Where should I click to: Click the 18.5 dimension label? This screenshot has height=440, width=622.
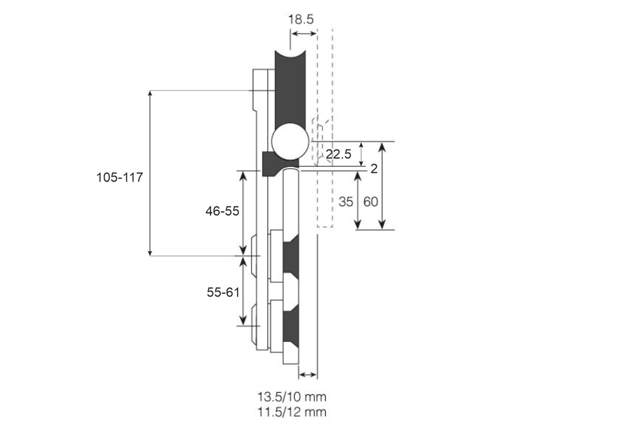tap(301, 19)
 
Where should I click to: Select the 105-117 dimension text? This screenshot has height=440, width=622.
tap(119, 177)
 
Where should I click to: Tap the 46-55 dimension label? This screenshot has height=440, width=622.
tap(222, 211)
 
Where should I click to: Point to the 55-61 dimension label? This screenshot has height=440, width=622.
tap(223, 292)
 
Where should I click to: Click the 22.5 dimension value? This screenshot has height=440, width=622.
tap(338, 154)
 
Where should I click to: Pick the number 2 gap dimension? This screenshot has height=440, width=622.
tap(374, 169)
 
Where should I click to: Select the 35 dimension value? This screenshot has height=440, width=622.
tap(346, 202)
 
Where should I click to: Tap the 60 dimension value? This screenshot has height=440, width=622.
tap(370, 202)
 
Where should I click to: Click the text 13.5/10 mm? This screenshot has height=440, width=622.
tap(292, 397)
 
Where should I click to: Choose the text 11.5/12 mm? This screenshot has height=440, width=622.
tap(292, 412)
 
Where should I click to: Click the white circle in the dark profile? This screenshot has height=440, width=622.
tap(290, 142)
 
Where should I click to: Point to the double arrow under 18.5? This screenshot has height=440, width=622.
tap(304, 34)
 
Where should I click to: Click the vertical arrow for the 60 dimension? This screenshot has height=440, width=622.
tap(382, 186)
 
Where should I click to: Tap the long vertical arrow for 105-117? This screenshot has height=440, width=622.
tap(150, 173)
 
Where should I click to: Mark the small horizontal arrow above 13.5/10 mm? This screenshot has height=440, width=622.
tap(308, 375)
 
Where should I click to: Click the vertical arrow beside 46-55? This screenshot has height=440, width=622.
tap(243, 213)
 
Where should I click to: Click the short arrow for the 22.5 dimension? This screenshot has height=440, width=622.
tap(361, 154)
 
